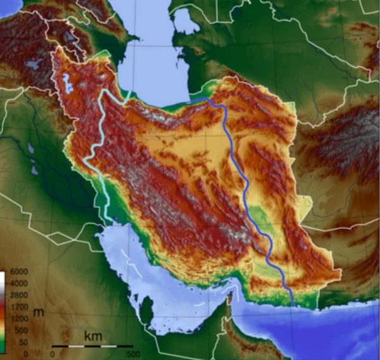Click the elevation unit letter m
pos(39,312)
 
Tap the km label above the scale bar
pos(93,334)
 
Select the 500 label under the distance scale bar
pos(133,354)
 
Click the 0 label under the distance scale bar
pos(53,354)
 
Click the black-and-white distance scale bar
pos(92,346)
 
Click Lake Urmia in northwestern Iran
pos(66,82)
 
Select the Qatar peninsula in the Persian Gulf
pos(146,311)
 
